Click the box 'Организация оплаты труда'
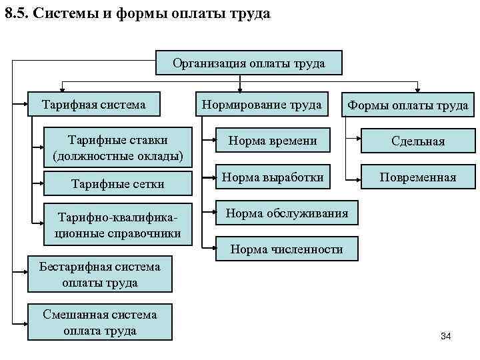[x=249, y=63]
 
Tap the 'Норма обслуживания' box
[x=287, y=214]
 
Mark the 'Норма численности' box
[x=287, y=249]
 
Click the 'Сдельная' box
[x=418, y=141]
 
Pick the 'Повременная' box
[x=418, y=177]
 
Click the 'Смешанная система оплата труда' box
[x=99, y=323]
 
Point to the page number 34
[x=446, y=336]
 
